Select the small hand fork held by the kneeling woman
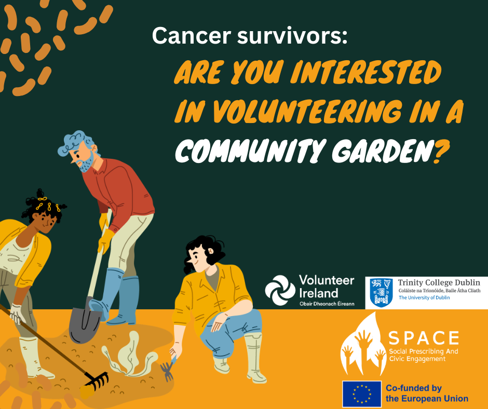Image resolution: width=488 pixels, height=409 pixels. pos(168,370)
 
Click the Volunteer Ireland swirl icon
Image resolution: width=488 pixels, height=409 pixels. pos(280,290)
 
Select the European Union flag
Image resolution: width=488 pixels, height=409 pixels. pos(360,394)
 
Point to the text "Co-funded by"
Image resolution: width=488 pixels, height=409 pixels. pos(414,388)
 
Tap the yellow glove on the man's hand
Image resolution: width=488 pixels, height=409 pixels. pos(106,240)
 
